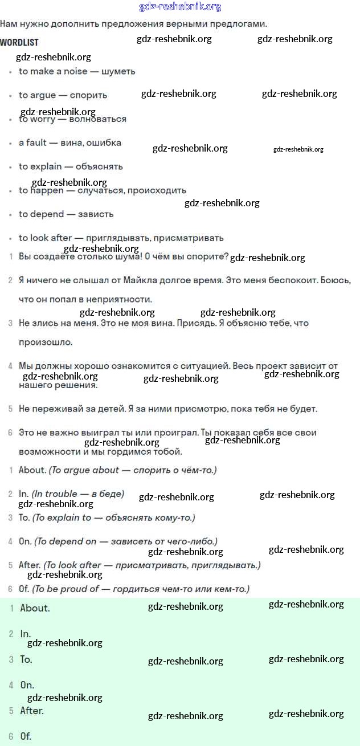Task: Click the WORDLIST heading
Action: click(x=19, y=43)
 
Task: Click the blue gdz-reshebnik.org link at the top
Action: click(x=180, y=7)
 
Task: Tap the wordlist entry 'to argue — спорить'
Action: click(x=63, y=95)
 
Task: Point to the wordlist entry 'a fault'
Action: click(x=70, y=142)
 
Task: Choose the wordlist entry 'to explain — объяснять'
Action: click(x=71, y=166)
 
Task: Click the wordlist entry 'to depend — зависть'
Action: click(x=66, y=214)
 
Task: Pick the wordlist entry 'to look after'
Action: click(x=121, y=238)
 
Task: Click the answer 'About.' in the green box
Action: click(x=35, y=608)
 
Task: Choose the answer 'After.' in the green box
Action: click(x=32, y=711)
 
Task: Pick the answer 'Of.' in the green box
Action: click(x=26, y=736)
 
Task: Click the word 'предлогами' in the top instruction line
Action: click(x=239, y=24)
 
